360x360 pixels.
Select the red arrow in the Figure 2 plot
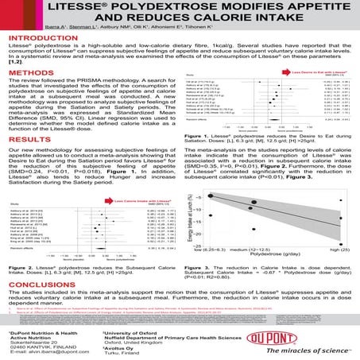(x=103, y=202)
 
